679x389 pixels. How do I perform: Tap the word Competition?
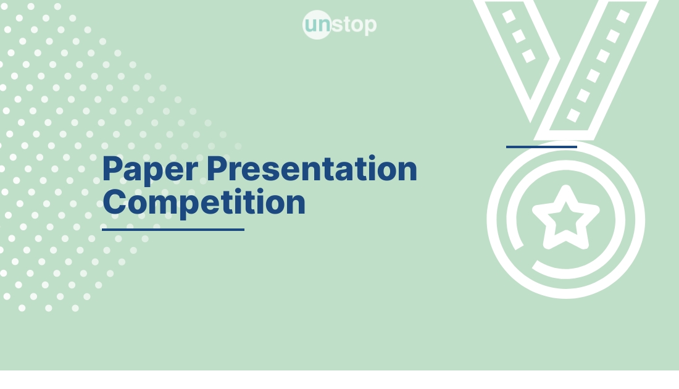(204, 202)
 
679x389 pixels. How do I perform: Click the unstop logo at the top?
(339, 25)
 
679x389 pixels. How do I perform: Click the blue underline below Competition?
(173, 230)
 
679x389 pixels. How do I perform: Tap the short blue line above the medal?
(541, 147)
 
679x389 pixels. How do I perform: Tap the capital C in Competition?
(115, 202)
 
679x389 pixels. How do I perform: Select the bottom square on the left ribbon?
(529, 56)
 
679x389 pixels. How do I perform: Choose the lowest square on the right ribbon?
(573, 115)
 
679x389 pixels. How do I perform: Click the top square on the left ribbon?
(509, 16)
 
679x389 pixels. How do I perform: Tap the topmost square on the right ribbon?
(623, 16)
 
